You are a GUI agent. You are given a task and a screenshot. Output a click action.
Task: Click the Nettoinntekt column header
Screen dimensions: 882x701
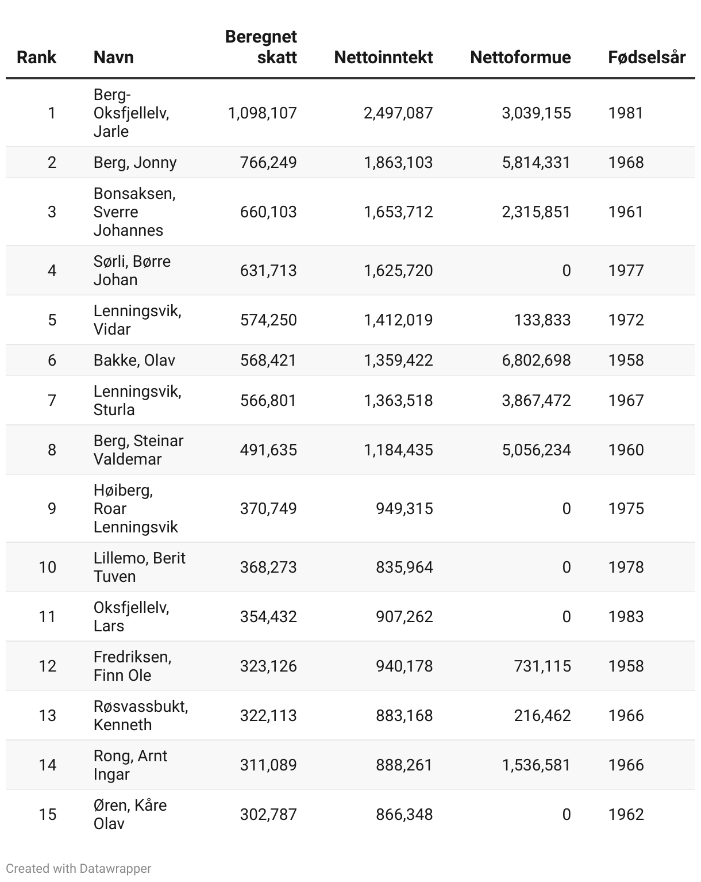pos(383,57)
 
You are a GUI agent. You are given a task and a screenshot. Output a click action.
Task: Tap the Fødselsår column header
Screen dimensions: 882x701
pos(646,57)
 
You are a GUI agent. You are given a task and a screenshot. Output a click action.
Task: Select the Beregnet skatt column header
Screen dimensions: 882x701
pos(261,47)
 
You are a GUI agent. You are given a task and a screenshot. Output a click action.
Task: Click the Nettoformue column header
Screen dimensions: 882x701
pos(520,57)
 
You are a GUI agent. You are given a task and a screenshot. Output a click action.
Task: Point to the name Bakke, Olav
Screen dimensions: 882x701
pos(134,360)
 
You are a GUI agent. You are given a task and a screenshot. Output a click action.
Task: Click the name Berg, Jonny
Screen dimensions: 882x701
pos(135,162)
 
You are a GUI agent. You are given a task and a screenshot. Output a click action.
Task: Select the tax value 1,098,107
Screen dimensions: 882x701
pos(263,113)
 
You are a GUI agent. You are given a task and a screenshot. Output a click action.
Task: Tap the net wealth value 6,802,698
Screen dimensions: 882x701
pos(536,360)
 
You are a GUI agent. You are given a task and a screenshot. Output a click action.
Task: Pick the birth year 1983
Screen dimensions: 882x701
pos(626,616)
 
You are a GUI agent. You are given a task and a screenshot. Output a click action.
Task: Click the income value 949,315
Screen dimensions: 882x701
pos(404,508)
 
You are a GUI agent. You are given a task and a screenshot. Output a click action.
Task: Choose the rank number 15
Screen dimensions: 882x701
pos(48,814)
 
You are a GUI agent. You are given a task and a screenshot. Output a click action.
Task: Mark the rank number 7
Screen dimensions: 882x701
pos(52,400)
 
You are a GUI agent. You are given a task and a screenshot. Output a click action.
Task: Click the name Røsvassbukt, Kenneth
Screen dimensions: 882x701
pos(141,715)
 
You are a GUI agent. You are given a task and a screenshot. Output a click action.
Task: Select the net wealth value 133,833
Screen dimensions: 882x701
pos(542,320)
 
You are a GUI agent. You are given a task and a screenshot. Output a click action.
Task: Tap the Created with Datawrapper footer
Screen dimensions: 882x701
pos(79,868)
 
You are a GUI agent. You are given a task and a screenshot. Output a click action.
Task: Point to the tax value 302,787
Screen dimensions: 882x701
pos(268,814)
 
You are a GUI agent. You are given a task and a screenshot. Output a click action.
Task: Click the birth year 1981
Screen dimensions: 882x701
pos(626,113)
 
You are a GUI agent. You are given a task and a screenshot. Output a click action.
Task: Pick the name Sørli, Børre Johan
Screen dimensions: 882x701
pos(132,270)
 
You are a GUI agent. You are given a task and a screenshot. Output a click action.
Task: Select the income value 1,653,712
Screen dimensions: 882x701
pos(398,212)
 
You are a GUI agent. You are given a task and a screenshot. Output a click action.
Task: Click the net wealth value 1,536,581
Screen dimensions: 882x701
pos(536,765)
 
